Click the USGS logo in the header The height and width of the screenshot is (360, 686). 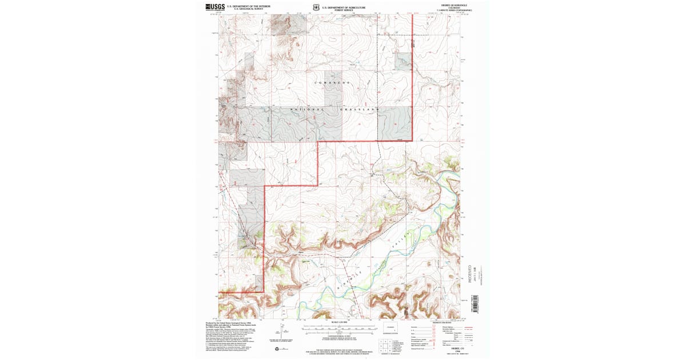click(214, 7)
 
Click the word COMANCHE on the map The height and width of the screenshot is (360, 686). click(333, 83)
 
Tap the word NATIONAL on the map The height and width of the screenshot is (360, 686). click(308, 109)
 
